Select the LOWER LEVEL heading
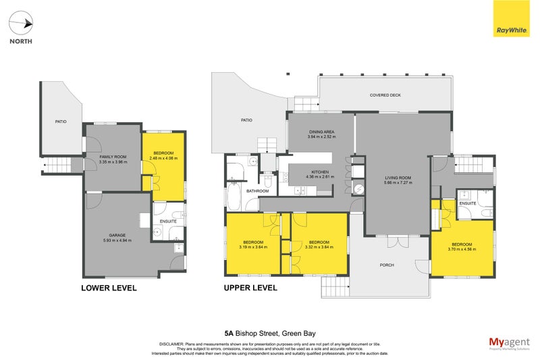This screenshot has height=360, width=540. click(109, 288)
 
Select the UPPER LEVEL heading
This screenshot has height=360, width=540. click(250, 288)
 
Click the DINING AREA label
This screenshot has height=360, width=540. click(321, 134)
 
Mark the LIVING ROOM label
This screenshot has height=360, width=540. click(398, 179)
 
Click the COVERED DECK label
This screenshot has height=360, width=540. click(385, 95)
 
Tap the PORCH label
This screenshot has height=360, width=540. click(387, 265)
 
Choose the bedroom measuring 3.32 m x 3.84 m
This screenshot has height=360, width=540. click(319, 244)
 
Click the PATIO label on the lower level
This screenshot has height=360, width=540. click(61, 122)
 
